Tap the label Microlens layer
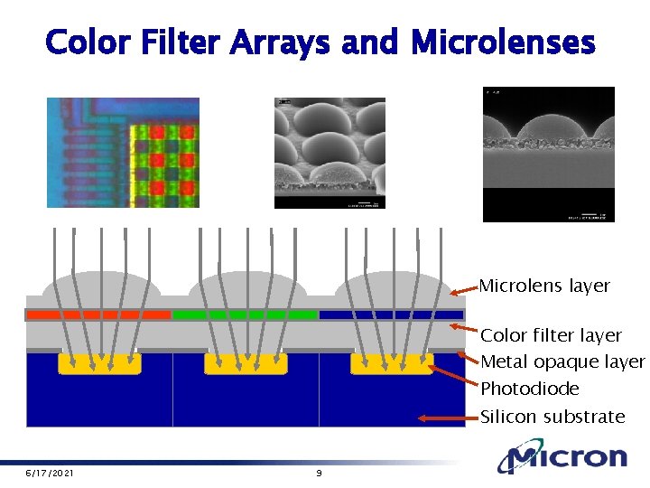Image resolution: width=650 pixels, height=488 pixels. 544,286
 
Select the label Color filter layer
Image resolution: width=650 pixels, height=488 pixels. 551,335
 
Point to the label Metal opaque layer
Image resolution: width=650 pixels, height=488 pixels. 562,362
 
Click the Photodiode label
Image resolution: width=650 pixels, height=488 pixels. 529,389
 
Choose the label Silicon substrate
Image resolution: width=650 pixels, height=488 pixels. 552,417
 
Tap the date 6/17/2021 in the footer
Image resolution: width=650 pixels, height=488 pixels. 50,474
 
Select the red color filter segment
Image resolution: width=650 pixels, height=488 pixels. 97,314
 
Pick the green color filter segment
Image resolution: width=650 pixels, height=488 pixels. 244,314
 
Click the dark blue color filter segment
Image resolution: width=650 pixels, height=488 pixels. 391,314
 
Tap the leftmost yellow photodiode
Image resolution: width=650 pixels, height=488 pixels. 99,363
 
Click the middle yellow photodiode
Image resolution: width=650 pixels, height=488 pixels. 246,363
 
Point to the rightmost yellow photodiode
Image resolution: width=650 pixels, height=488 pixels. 392,363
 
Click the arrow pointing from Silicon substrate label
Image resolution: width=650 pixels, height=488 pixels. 448,418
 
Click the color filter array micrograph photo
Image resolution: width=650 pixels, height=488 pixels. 123,153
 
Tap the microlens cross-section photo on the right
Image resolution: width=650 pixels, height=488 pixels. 548,155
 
